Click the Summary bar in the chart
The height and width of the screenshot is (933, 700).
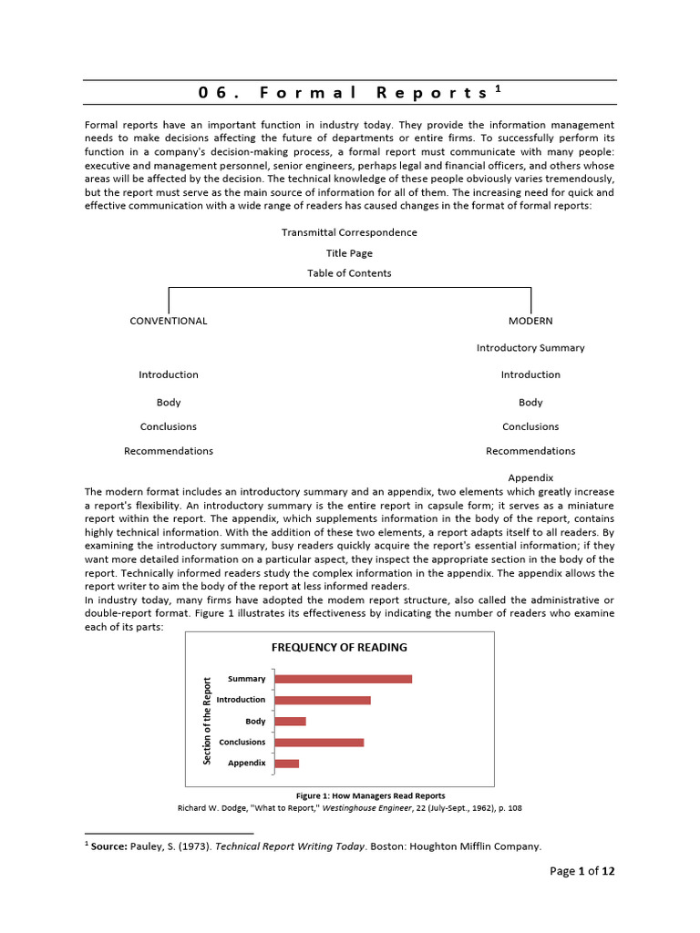tap(343, 679)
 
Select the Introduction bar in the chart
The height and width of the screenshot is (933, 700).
tap(322, 700)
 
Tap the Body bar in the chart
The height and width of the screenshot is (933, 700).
tap(290, 722)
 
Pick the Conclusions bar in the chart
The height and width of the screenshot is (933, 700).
tap(319, 743)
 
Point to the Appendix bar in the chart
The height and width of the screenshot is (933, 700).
tap(286, 764)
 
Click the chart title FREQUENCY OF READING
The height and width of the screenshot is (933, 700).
tap(339, 648)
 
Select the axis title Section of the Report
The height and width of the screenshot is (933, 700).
tap(207, 721)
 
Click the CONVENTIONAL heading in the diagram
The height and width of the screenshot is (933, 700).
tap(169, 321)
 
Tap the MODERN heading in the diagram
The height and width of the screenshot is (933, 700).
tap(530, 321)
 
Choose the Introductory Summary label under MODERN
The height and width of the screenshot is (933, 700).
tap(530, 348)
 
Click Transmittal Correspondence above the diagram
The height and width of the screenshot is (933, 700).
tap(349, 232)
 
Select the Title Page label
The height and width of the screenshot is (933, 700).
tap(349, 253)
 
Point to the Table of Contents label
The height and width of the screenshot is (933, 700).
tap(349, 273)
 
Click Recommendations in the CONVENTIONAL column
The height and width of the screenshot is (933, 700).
tap(169, 451)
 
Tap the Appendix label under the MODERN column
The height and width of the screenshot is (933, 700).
tap(530, 477)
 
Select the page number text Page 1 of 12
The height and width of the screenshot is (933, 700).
tap(582, 872)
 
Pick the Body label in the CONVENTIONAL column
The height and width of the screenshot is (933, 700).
tap(169, 402)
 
